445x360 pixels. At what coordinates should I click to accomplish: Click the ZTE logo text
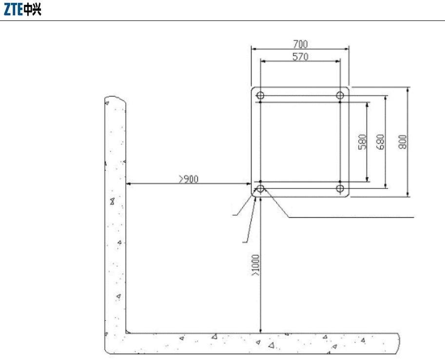tap(13, 9)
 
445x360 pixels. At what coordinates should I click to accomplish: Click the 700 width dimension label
tap(300, 44)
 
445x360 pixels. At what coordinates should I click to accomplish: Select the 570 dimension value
tap(300, 57)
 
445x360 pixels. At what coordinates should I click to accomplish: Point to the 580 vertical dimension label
tap(362, 142)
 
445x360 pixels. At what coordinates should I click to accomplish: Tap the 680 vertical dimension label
tap(380, 142)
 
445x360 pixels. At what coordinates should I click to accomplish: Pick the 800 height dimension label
tap(403, 142)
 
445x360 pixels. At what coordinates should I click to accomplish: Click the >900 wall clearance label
tap(189, 179)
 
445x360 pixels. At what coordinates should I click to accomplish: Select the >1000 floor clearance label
tap(255, 265)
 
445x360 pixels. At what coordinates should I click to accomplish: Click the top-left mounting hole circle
tap(260, 95)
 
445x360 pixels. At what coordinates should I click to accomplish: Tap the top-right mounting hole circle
tap(340, 95)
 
